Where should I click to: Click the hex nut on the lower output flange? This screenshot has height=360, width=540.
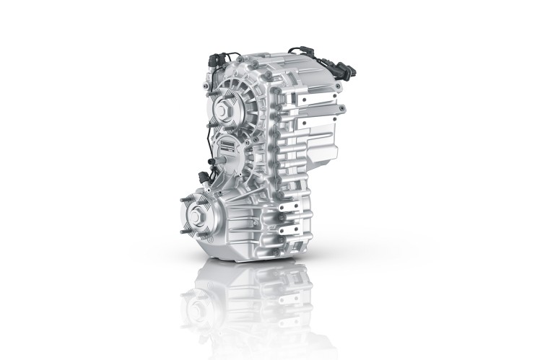(x=199, y=214)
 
